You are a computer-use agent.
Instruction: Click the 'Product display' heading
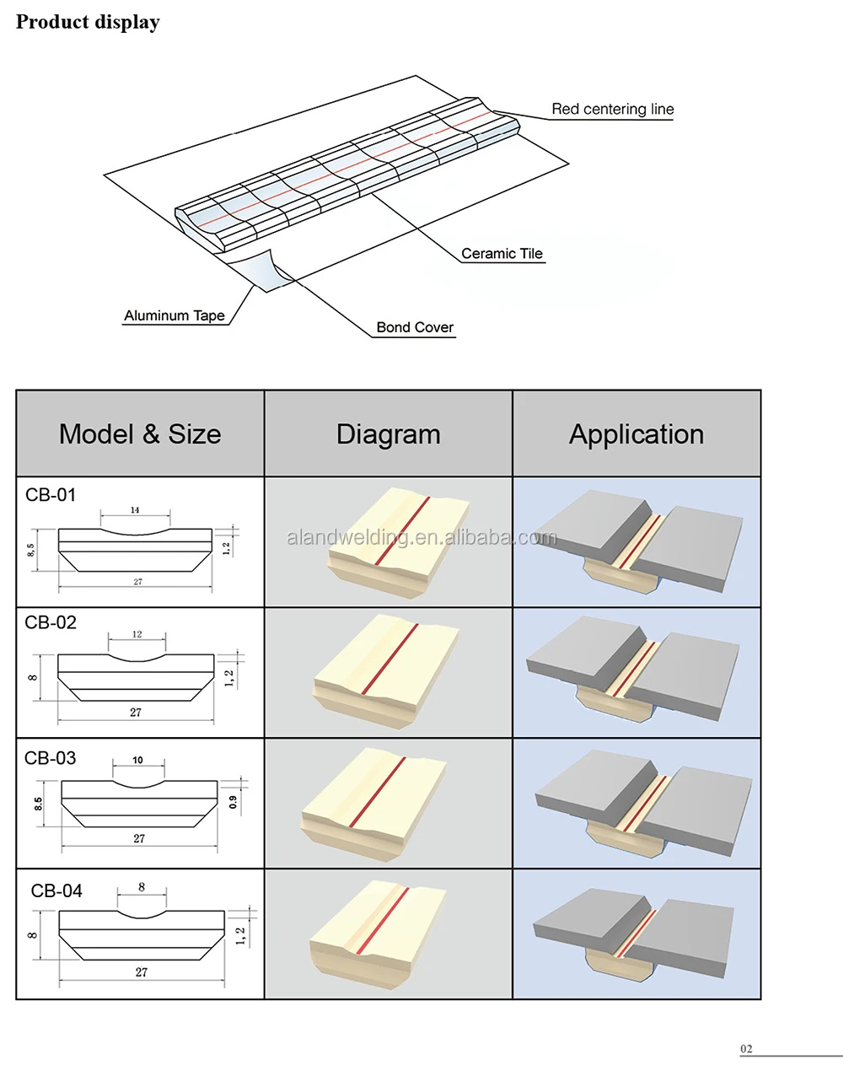tap(88, 22)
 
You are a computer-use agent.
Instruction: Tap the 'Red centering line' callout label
tap(613, 109)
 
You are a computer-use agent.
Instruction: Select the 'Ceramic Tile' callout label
tap(502, 254)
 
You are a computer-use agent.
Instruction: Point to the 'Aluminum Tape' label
tap(175, 316)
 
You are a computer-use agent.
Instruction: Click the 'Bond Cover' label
tap(415, 327)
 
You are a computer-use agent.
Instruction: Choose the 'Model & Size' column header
tap(140, 434)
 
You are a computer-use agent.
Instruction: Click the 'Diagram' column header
tap(389, 435)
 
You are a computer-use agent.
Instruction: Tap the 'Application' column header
tap(636, 435)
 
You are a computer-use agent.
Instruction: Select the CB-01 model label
tap(51, 495)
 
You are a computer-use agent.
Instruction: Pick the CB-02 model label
tap(51, 622)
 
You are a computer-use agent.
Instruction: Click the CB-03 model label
tap(50, 758)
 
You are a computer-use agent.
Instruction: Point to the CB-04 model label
tap(56, 890)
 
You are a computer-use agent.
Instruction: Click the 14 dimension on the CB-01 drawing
tap(135, 510)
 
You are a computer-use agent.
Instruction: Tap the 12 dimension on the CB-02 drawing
tap(137, 634)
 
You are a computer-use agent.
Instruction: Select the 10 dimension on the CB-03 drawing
tap(137, 760)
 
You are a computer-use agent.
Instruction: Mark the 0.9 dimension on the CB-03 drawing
tap(234, 803)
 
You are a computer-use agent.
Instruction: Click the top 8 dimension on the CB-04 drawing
tap(142, 887)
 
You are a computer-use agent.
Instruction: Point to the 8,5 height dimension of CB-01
tap(31, 550)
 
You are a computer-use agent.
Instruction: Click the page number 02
tap(746, 1049)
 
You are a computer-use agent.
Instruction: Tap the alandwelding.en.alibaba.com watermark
tap(421, 537)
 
